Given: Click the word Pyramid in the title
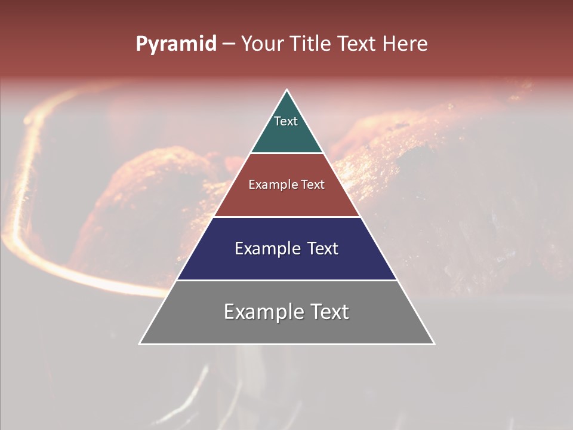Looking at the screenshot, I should (x=175, y=44).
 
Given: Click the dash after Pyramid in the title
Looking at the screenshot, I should (x=229, y=44).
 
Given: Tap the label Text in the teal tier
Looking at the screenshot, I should (x=286, y=121).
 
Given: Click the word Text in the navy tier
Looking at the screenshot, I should (x=323, y=248).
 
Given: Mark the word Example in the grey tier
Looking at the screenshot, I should (x=262, y=312).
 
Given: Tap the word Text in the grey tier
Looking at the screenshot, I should (x=329, y=312).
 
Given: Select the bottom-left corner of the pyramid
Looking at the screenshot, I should (x=141, y=343).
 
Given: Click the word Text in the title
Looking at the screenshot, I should (x=357, y=44).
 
